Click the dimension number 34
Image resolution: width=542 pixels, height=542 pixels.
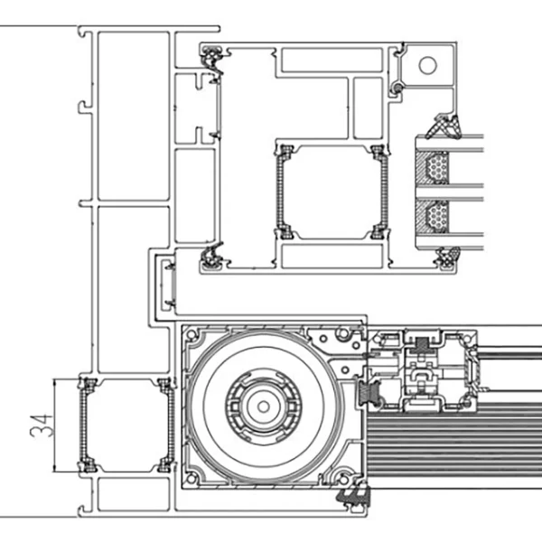(x=42, y=425)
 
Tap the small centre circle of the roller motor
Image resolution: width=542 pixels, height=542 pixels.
(x=264, y=406)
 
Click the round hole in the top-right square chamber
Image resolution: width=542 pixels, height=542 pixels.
(x=427, y=65)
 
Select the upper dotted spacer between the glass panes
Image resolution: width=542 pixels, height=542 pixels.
(x=436, y=167)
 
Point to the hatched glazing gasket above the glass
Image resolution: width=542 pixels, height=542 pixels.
(x=444, y=126)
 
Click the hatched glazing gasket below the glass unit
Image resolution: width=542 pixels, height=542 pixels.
(x=448, y=257)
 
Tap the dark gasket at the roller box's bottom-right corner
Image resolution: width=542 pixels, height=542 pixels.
(x=353, y=496)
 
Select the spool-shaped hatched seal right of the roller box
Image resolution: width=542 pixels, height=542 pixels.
(x=368, y=394)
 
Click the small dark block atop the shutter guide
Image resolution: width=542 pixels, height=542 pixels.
(x=421, y=343)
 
